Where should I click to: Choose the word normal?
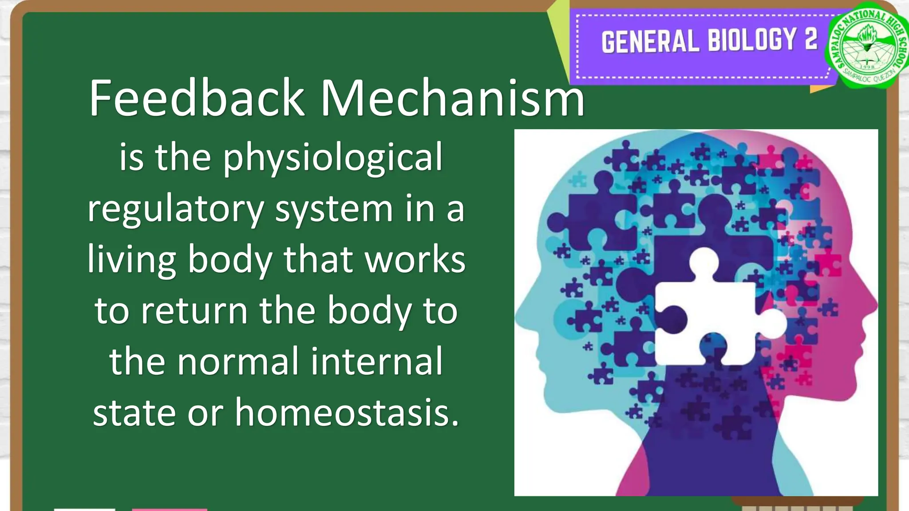pyautogui.click(x=238, y=362)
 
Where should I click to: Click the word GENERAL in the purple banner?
pyautogui.click(x=650, y=41)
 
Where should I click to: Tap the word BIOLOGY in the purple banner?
pyautogui.click(x=752, y=40)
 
